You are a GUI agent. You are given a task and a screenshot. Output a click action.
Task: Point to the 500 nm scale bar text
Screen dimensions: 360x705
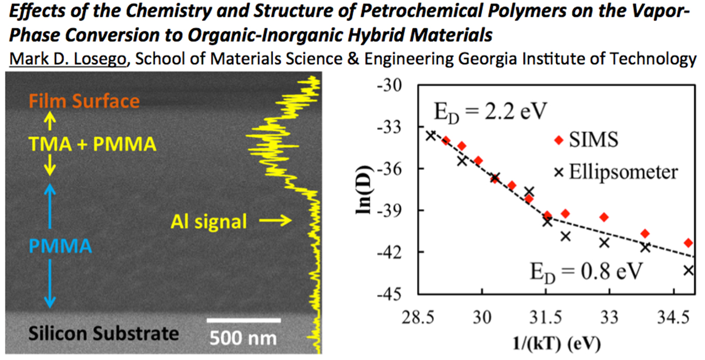pos(243,338)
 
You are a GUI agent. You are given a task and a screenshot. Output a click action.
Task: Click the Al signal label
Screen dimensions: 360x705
pos(209,222)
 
